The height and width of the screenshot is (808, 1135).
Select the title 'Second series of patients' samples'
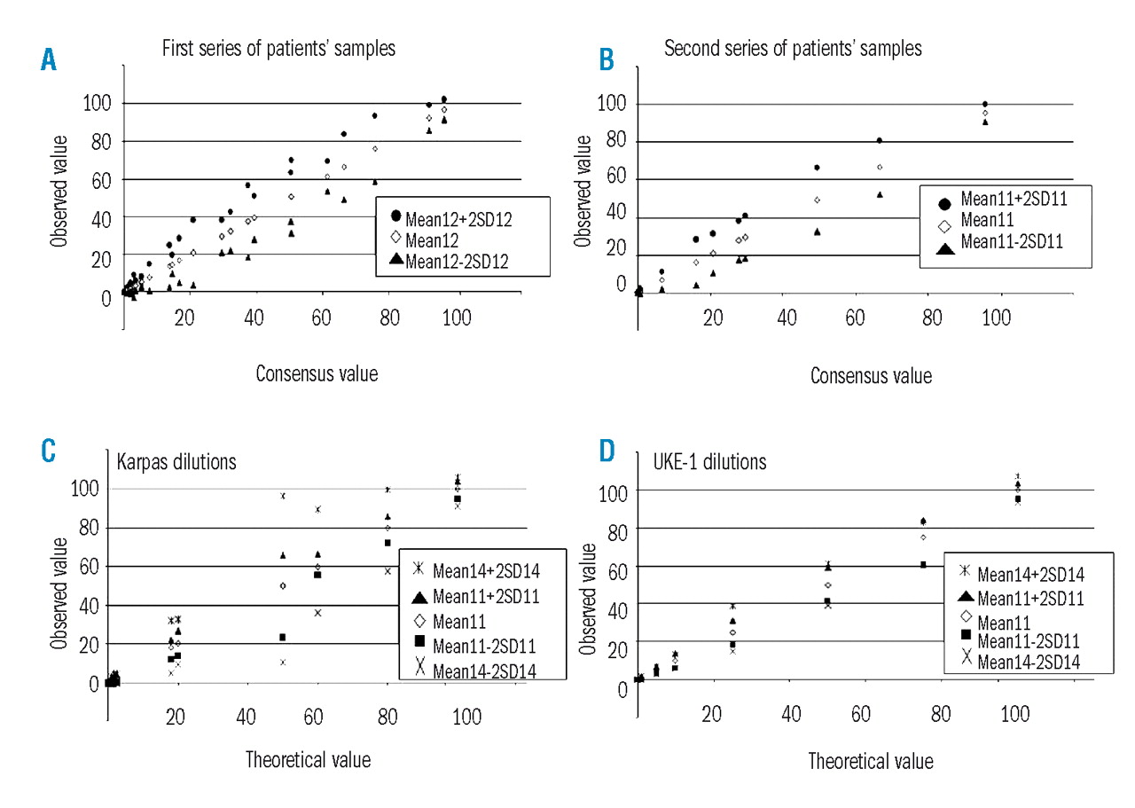(793, 50)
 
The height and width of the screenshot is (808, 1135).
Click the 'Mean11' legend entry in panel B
(983, 220)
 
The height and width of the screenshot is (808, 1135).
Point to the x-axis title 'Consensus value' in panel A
(317, 373)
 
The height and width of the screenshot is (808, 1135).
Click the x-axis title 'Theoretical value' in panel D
(870, 761)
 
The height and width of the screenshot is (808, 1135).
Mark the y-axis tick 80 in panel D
(606, 530)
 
